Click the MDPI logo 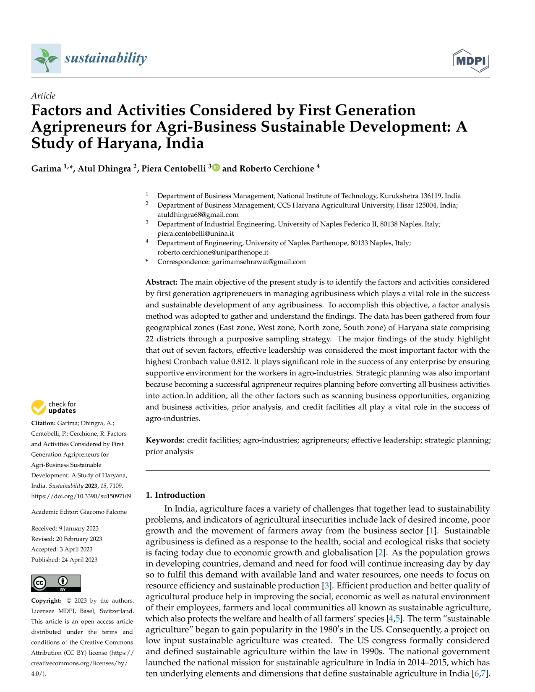point(471,61)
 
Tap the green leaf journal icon point(46,58)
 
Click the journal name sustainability point(105,58)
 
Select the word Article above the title point(43,96)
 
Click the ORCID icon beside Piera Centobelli point(217,168)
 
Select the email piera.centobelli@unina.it point(196,234)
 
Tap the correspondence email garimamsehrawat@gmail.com point(258,262)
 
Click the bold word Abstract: point(162,282)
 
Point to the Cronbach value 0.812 point(240,362)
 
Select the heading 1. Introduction point(175,495)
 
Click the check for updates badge point(54,407)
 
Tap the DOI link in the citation point(81,496)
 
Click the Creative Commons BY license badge point(56,583)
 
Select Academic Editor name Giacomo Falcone point(103,512)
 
